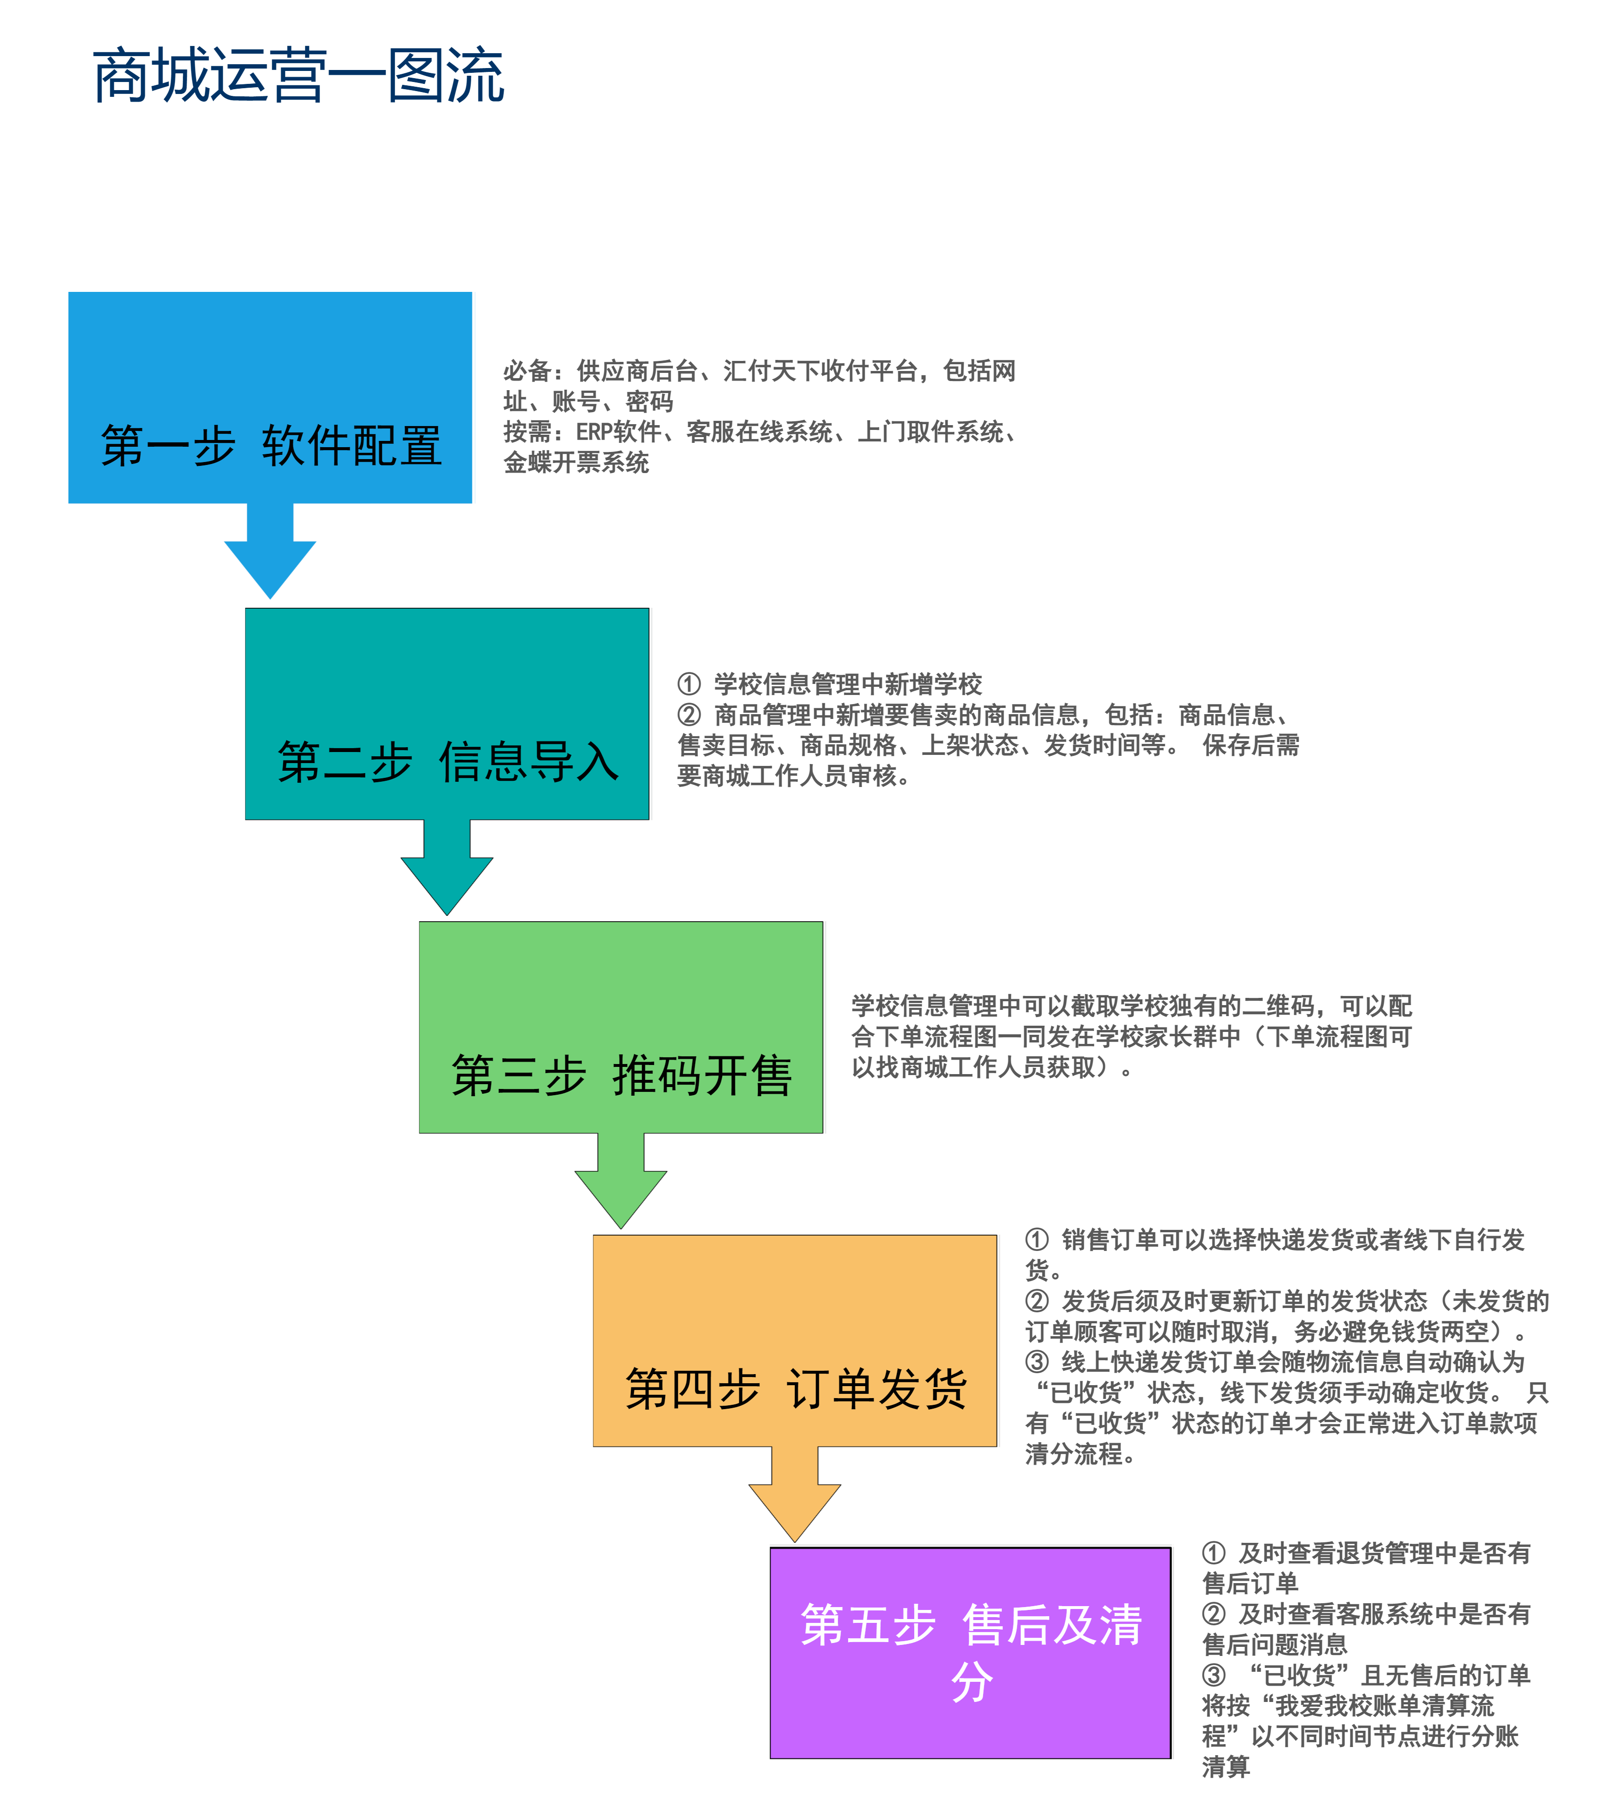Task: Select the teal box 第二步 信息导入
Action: pyautogui.click(x=447, y=714)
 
